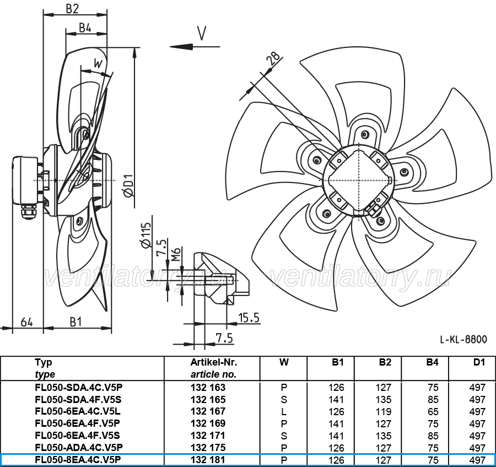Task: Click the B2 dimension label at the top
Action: [72, 8]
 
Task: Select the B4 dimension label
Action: [85, 28]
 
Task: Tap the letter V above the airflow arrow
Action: [202, 33]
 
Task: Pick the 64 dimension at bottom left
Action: [26, 323]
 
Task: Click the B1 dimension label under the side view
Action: [76, 322]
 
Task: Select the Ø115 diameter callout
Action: [146, 236]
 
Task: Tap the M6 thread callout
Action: [176, 254]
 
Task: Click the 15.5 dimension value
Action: [249, 318]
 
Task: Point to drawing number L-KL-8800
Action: [463, 340]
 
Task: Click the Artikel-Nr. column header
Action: [213, 362]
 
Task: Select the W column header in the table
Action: [284, 362]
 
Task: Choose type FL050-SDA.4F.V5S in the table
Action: [78, 400]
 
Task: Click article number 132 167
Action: [208, 411]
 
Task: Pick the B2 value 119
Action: [384, 412]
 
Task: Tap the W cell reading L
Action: [284, 412]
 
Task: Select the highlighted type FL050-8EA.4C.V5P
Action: [78, 459]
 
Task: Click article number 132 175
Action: [208, 448]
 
